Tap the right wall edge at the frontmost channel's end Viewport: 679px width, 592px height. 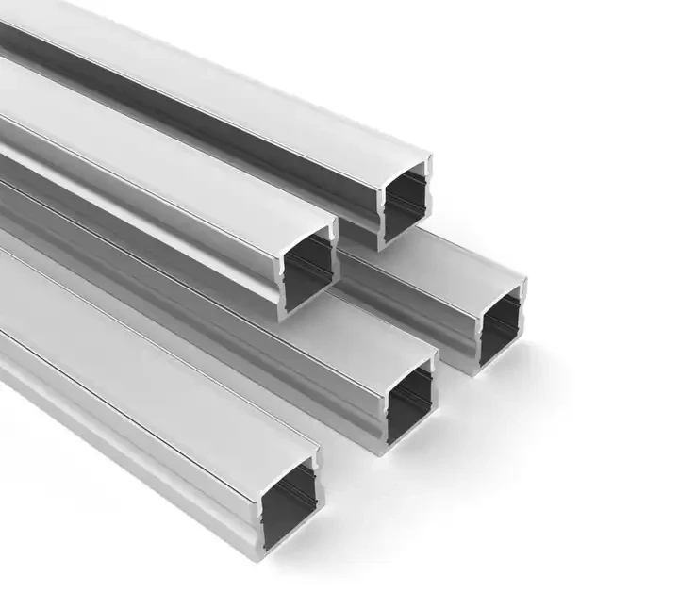[318, 500]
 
